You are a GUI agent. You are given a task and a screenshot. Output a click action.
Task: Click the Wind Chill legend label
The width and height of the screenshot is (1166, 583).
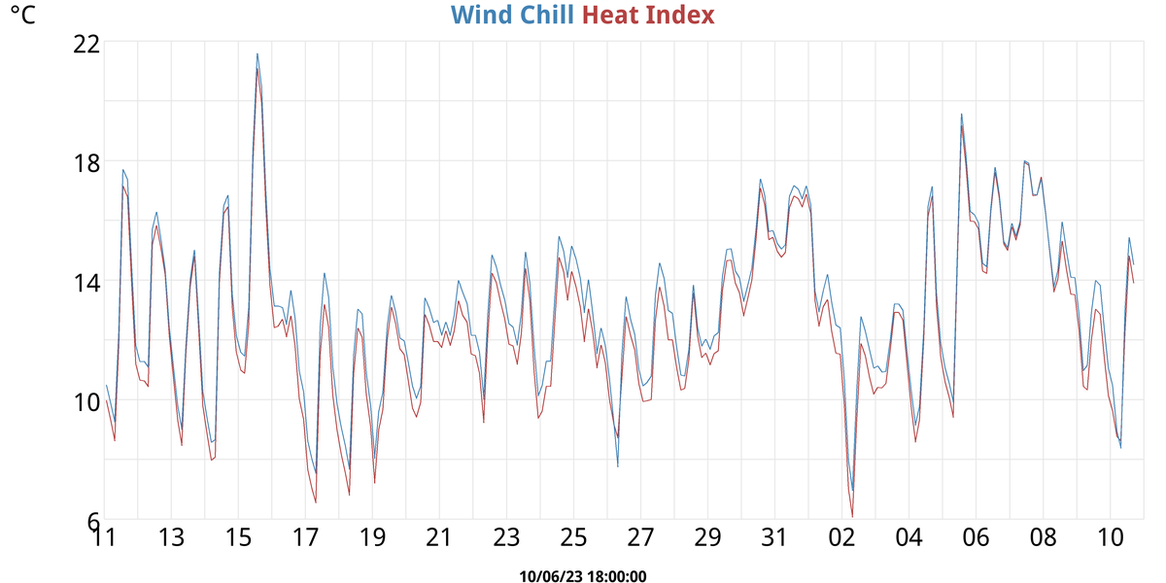point(512,16)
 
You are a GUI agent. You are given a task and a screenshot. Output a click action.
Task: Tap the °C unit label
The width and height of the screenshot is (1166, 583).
point(22,17)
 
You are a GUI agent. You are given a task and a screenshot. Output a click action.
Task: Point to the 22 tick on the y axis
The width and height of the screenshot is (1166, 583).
point(87,44)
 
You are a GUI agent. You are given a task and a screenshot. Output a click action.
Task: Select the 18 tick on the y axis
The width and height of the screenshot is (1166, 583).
point(87,163)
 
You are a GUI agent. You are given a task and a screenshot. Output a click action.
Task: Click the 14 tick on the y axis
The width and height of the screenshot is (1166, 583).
point(87,283)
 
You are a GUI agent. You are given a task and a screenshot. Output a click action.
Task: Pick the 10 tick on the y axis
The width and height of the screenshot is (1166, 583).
point(87,402)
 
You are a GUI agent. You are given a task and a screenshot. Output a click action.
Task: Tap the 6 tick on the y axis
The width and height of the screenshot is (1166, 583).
point(93,522)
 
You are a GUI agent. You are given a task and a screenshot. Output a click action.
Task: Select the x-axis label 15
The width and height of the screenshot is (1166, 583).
point(238,538)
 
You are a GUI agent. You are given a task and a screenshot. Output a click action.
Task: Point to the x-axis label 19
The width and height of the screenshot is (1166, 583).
point(372,538)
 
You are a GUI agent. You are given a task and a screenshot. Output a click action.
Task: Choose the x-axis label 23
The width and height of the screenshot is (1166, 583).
point(506,538)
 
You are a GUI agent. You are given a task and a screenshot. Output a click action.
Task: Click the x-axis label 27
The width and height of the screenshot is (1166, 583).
point(640,538)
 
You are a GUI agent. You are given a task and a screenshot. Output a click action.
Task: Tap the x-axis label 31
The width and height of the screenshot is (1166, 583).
point(774,538)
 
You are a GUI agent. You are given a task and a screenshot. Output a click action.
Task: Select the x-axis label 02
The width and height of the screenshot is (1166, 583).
point(841,538)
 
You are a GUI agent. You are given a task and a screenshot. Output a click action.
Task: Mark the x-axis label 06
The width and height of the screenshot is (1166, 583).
point(976,538)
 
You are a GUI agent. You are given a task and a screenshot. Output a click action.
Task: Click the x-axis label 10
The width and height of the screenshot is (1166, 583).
point(1110,538)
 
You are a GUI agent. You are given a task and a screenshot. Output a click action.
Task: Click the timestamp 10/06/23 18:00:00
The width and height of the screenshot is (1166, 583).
point(583,576)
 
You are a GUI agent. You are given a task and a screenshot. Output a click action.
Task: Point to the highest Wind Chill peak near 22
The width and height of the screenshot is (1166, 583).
point(257,53)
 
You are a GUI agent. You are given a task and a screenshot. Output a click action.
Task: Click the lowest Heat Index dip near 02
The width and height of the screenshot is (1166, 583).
point(852,516)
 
